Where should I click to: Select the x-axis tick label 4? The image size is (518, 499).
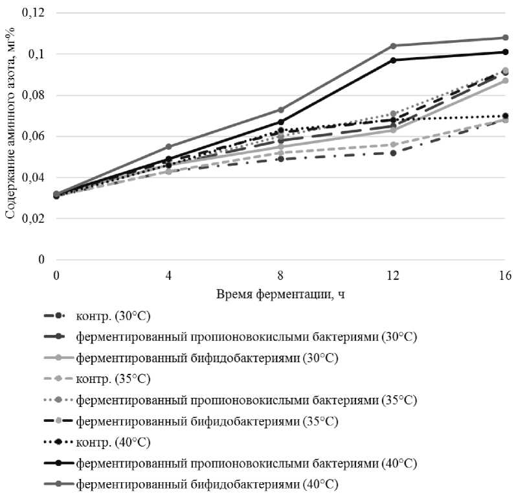click(x=168, y=275)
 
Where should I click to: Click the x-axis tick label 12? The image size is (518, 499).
click(x=392, y=275)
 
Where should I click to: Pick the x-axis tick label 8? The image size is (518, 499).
click(x=280, y=275)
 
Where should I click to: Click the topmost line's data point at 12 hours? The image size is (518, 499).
click(x=392, y=45)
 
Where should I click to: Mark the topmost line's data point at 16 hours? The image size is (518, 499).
click(x=505, y=38)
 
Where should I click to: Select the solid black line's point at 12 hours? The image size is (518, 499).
click(x=392, y=60)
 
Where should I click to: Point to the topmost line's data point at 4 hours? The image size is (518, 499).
click(x=168, y=146)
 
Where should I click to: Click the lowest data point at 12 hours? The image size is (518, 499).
click(x=392, y=152)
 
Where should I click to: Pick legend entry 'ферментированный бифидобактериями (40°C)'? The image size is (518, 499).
click(x=207, y=483)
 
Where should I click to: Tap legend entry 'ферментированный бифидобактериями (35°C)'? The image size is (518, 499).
click(x=207, y=421)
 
